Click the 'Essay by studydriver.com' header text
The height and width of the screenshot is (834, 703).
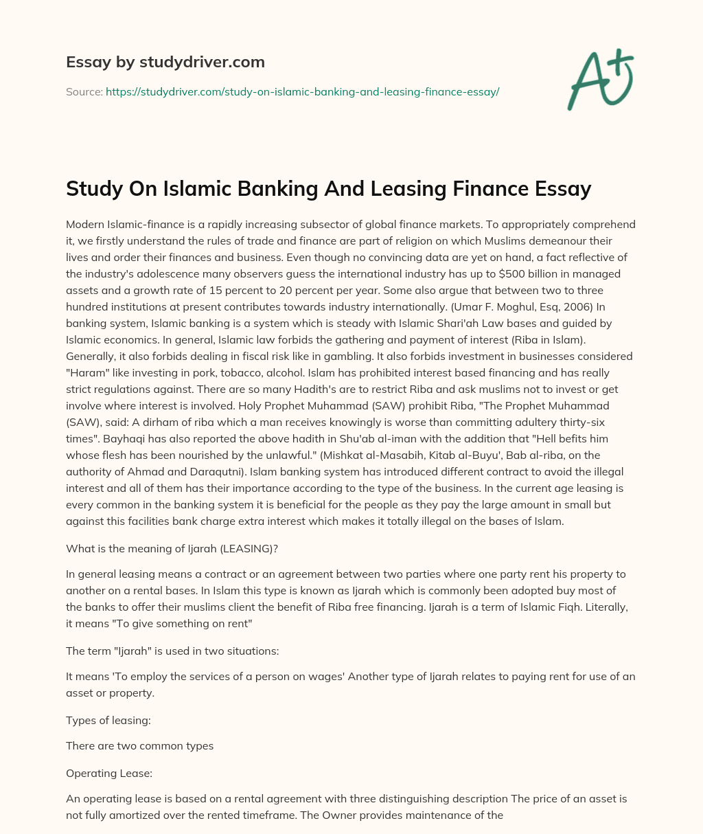(x=165, y=62)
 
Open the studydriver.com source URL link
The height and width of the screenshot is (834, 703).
(x=302, y=91)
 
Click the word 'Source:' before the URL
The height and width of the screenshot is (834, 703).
(x=84, y=91)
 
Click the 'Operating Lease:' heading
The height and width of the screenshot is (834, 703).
(x=109, y=773)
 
